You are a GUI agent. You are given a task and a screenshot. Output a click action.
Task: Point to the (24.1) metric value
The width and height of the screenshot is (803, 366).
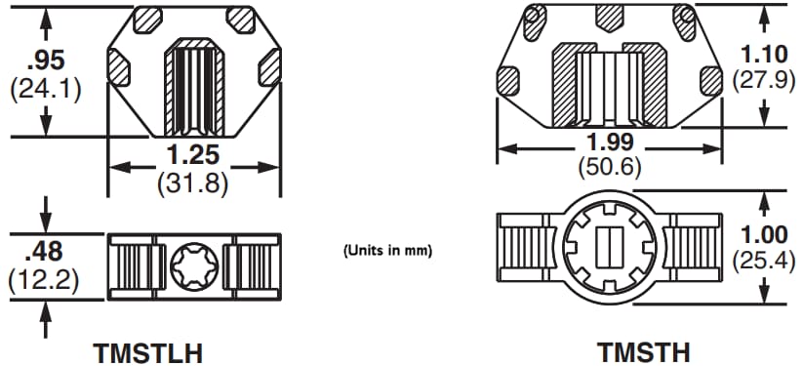point(44,89)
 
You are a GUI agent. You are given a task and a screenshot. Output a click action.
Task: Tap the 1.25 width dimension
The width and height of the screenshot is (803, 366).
point(191,155)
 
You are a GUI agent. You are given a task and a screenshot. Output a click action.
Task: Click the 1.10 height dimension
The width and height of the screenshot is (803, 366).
point(766,54)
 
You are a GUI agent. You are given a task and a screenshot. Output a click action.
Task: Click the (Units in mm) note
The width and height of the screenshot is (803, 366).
point(387,250)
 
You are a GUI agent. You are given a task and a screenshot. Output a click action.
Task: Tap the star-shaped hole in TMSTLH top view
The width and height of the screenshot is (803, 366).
point(191,264)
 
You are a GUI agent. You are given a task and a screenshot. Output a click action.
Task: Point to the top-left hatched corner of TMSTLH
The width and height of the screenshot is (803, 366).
point(149,19)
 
